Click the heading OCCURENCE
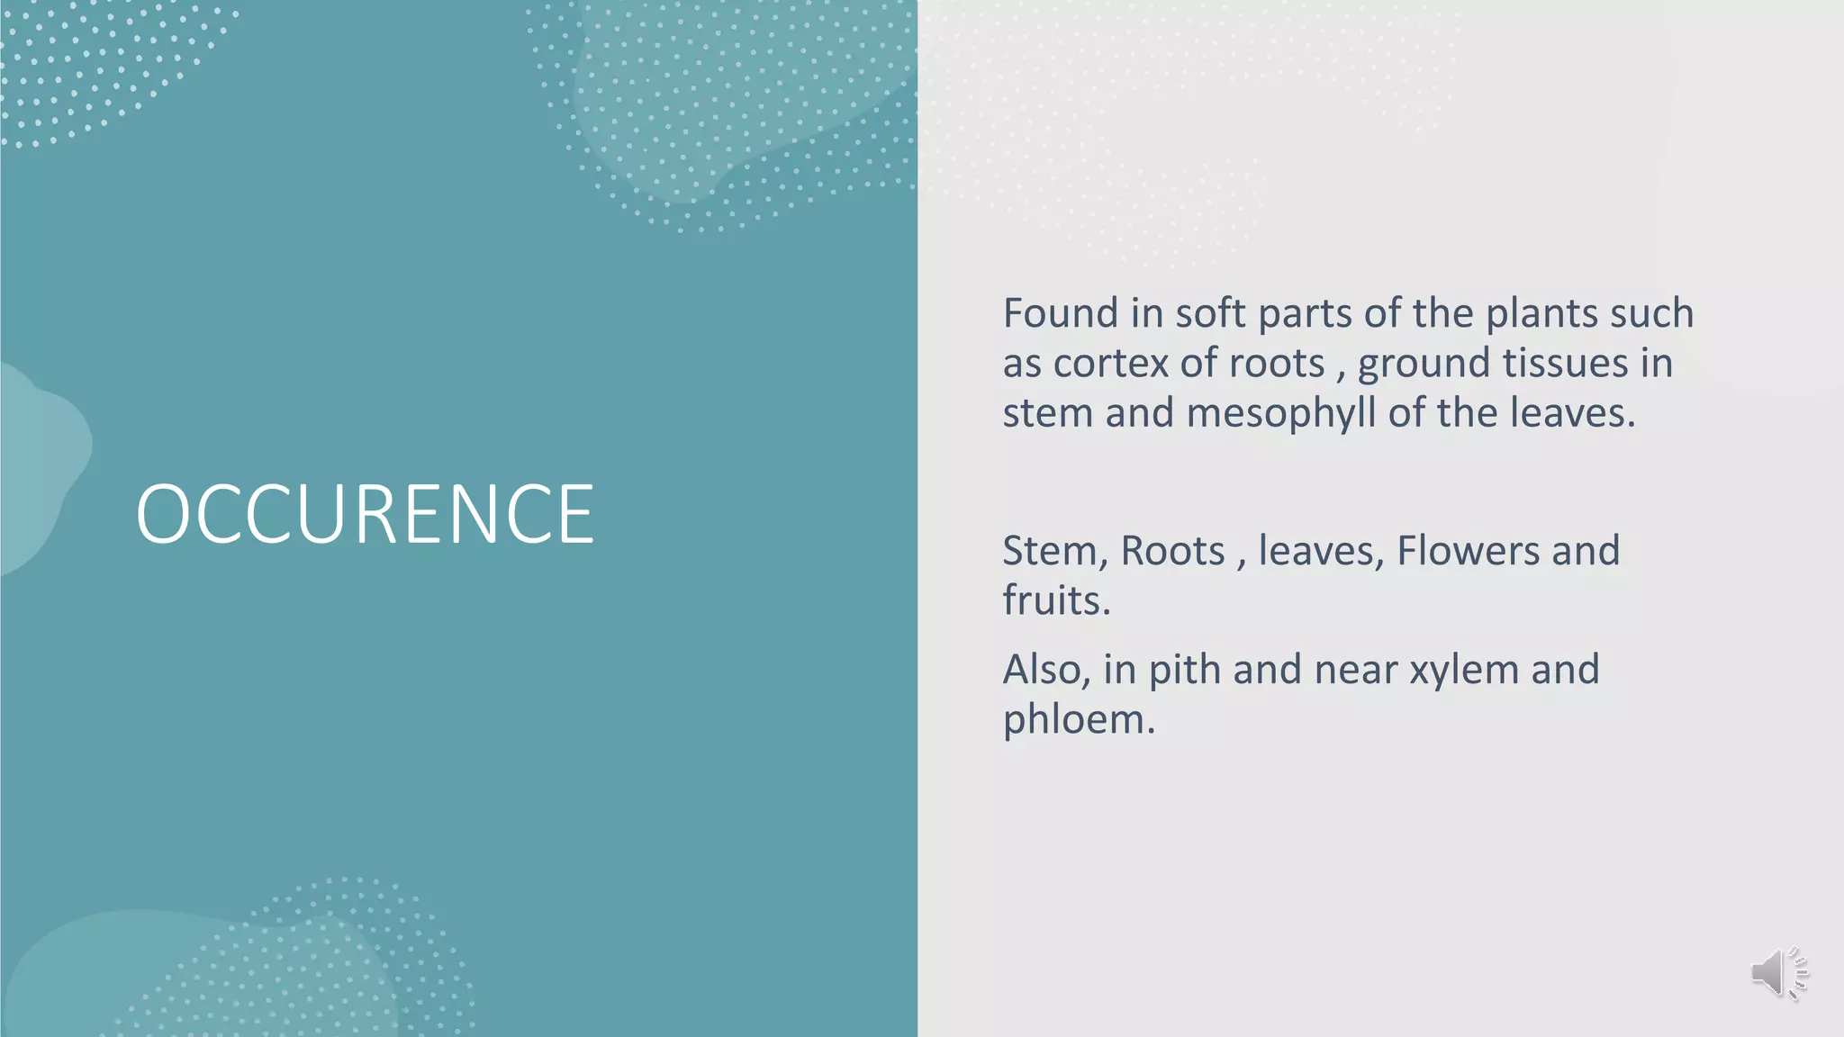365,513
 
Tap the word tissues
1566,364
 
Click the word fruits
1056,600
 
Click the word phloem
1078,719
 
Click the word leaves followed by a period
1571,413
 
